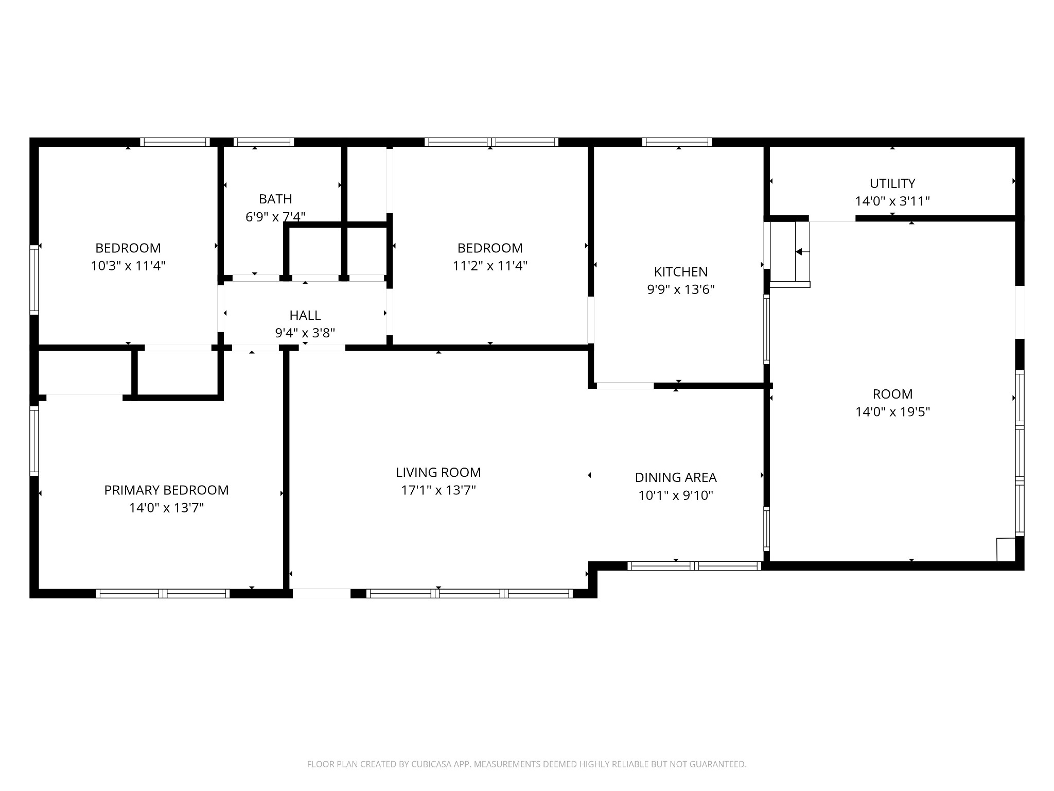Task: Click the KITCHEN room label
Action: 681,271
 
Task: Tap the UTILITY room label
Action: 892,183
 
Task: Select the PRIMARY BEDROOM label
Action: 166,490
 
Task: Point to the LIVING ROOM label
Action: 438,472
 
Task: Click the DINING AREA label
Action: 676,477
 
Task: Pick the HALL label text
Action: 305,315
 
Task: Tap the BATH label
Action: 275,199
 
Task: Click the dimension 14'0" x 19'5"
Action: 892,412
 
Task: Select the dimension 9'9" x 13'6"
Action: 681,289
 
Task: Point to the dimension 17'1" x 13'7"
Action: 438,490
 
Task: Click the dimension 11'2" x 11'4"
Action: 490,266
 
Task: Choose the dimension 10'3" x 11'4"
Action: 128,266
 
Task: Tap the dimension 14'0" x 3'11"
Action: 892,201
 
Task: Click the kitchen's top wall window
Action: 677,142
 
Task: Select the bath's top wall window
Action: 263,142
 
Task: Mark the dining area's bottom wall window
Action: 694,566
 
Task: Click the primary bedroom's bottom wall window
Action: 163,593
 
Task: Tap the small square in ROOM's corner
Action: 1006,549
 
